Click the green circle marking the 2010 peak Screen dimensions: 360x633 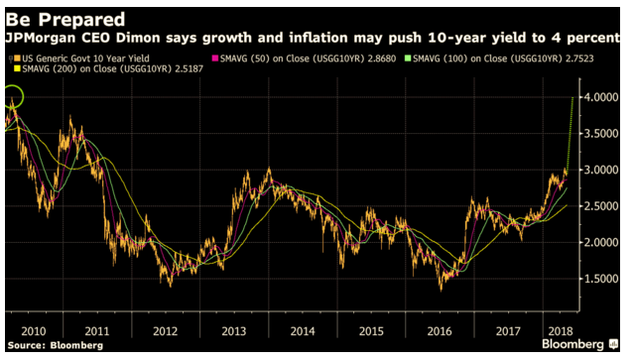coord(13,97)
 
